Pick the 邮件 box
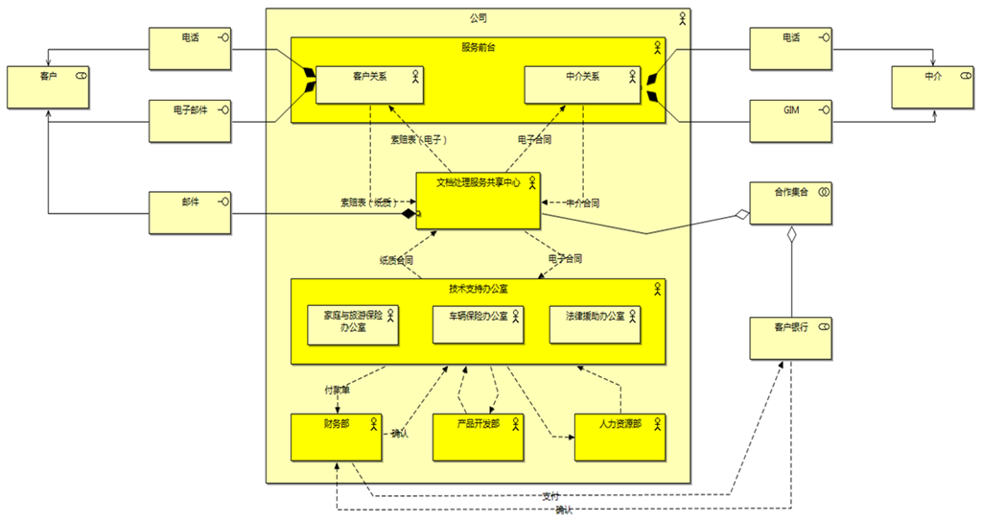click(x=191, y=212)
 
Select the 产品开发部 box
click(x=478, y=437)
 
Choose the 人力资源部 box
click(x=619, y=437)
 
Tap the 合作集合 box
click(x=791, y=202)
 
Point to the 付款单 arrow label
click(x=337, y=391)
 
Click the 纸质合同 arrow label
click(x=396, y=259)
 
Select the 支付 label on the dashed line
click(x=549, y=496)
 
